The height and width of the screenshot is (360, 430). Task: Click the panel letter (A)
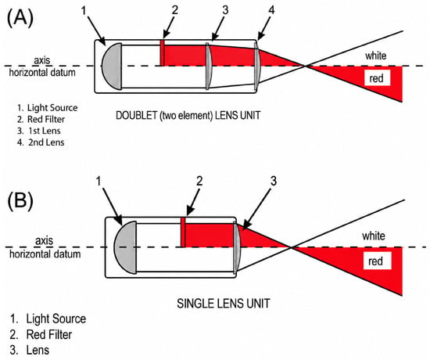tap(20, 18)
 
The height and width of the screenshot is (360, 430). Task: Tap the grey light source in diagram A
tap(112, 67)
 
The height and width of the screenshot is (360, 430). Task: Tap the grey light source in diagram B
tap(126, 247)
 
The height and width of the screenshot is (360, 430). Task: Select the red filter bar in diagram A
tap(162, 53)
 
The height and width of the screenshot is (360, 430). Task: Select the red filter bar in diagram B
tap(183, 232)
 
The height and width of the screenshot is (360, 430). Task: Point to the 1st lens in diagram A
tap(208, 66)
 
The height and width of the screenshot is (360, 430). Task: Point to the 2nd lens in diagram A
tap(256, 66)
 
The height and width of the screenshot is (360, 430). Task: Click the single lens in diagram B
tap(236, 247)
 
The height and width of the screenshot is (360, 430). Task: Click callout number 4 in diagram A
tap(271, 10)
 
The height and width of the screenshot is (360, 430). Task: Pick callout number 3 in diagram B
tap(274, 182)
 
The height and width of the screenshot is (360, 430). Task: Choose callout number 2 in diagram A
tap(174, 10)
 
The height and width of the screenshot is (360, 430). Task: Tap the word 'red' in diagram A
tap(376, 78)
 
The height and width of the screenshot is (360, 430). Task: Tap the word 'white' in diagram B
tap(374, 236)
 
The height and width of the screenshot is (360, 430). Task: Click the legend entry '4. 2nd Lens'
tap(41, 142)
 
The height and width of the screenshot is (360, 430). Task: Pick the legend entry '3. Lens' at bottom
tap(30, 350)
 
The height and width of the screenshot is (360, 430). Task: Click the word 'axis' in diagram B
tap(44, 241)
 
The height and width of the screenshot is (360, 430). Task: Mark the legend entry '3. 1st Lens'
tap(38, 131)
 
